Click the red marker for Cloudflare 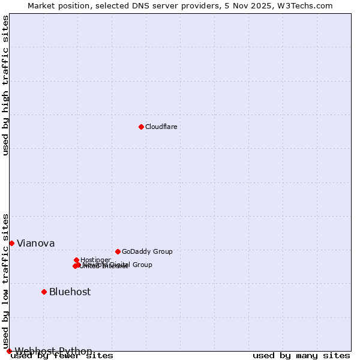pyautogui.click(x=141, y=127)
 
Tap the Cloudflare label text pyautogui.click(x=161, y=127)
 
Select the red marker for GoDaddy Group pyautogui.click(x=118, y=251)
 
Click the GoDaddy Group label pyautogui.click(x=147, y=251)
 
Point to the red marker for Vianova pyautogui.click(x=11, y=243)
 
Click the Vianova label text pyautogui.click(x=35, y=243)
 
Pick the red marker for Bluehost pyautogui.click(x=44, y=292)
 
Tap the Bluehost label pyautogui.click(x=70, y=292)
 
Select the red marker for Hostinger pyautogui.click(x=76, y=260)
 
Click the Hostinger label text pyautogui.click(x=95, y=260)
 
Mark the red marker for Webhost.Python pyautogui.click(x=9, y=351)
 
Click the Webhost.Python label pyautogui.click(x=53, y=351)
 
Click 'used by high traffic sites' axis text pyautogui.click(x=6, y=85)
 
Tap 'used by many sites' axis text pyautogui.click(x=301, y=356)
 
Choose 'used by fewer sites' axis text pyautogui.click(x=62, y=356)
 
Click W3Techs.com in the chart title pyautogui.click(x=308, y=5)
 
